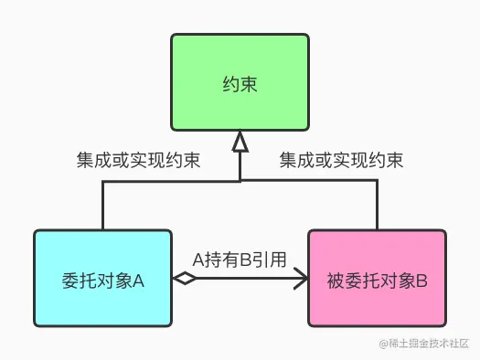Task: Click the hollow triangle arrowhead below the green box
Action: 240,142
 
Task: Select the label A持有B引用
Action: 240,259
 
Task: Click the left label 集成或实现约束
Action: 139,161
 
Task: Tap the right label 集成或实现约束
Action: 341,161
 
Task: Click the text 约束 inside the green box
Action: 240,85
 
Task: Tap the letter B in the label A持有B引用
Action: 246,259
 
